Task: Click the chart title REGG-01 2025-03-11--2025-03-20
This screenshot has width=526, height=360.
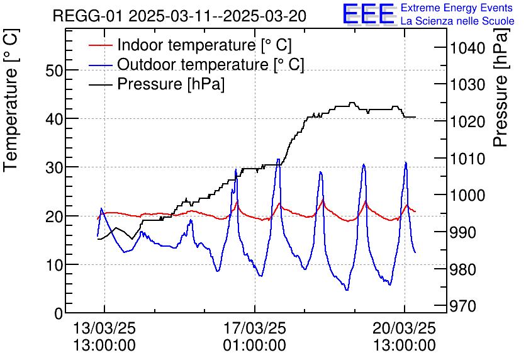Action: click(x=179, y=16)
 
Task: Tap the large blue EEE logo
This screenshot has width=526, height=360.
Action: click(x=368, y=14)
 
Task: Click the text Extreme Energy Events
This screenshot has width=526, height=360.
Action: click(x=457, y=8)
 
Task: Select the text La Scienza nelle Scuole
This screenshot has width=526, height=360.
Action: click(x=457, y=21)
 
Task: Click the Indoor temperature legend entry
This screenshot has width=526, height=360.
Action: click(x=204, y=45)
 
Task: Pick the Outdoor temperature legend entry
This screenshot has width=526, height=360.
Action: click(x=210, y=65)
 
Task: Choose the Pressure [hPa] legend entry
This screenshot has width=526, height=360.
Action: click(x=171, y=84)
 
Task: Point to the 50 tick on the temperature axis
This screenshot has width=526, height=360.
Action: click(x=55, y=70)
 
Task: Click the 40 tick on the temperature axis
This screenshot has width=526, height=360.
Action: click(x=55, y=118)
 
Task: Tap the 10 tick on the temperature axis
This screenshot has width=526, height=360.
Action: click(x=55, y=264)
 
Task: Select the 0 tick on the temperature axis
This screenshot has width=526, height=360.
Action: click(x=59, y=313)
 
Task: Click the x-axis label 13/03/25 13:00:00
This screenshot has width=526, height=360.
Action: click(x=104, y=336)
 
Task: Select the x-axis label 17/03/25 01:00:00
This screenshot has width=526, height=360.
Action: click(x=254, y=336)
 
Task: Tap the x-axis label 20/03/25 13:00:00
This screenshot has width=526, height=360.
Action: click(x=404, y=336)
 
